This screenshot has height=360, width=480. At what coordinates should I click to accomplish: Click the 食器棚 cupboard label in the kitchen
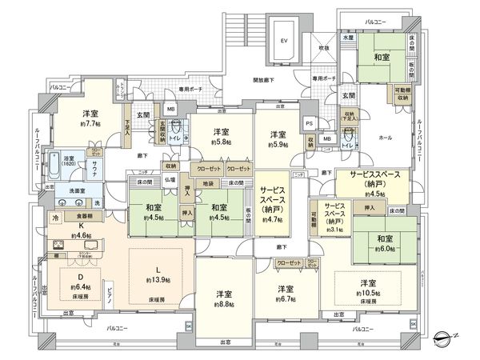[x=85, y=215]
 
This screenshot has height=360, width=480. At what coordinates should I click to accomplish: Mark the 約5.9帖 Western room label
[x=279, y=144]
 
